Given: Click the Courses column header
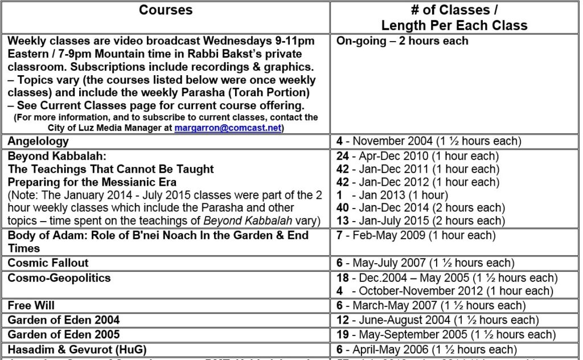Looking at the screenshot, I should [166, 10].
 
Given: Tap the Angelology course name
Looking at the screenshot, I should [38, 141].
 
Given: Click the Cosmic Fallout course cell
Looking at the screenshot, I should [48, 263].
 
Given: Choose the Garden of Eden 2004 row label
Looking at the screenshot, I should [64, 320].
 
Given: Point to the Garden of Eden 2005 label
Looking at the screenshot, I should [64, 334].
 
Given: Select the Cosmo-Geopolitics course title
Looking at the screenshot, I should [59, 278].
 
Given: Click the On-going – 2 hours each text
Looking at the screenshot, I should [403, 40].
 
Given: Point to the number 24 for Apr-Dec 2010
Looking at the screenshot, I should [343, 156].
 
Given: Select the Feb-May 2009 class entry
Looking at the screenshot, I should [416, 235].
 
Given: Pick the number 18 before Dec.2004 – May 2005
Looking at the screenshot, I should [343, 278].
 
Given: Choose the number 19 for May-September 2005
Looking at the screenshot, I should [343, 334].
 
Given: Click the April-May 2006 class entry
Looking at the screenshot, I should [426, 349].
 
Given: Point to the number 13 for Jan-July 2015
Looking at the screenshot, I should [343, 221].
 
